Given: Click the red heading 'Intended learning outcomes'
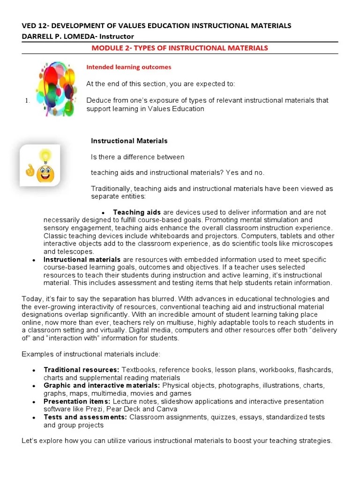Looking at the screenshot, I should click(129, 67).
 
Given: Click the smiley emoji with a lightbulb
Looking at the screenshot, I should click(40, 166).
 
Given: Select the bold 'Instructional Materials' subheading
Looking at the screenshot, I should click(129, 141).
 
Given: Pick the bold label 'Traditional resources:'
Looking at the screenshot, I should click(81, 370).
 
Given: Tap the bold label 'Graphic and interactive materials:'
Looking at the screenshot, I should click(102, 385).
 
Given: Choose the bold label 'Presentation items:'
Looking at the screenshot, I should click(77, 401).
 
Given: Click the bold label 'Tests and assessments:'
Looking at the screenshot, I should click(85, 417).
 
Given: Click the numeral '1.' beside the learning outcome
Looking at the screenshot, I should click(27, 101).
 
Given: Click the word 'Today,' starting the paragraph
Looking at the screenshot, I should click(32, 299).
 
